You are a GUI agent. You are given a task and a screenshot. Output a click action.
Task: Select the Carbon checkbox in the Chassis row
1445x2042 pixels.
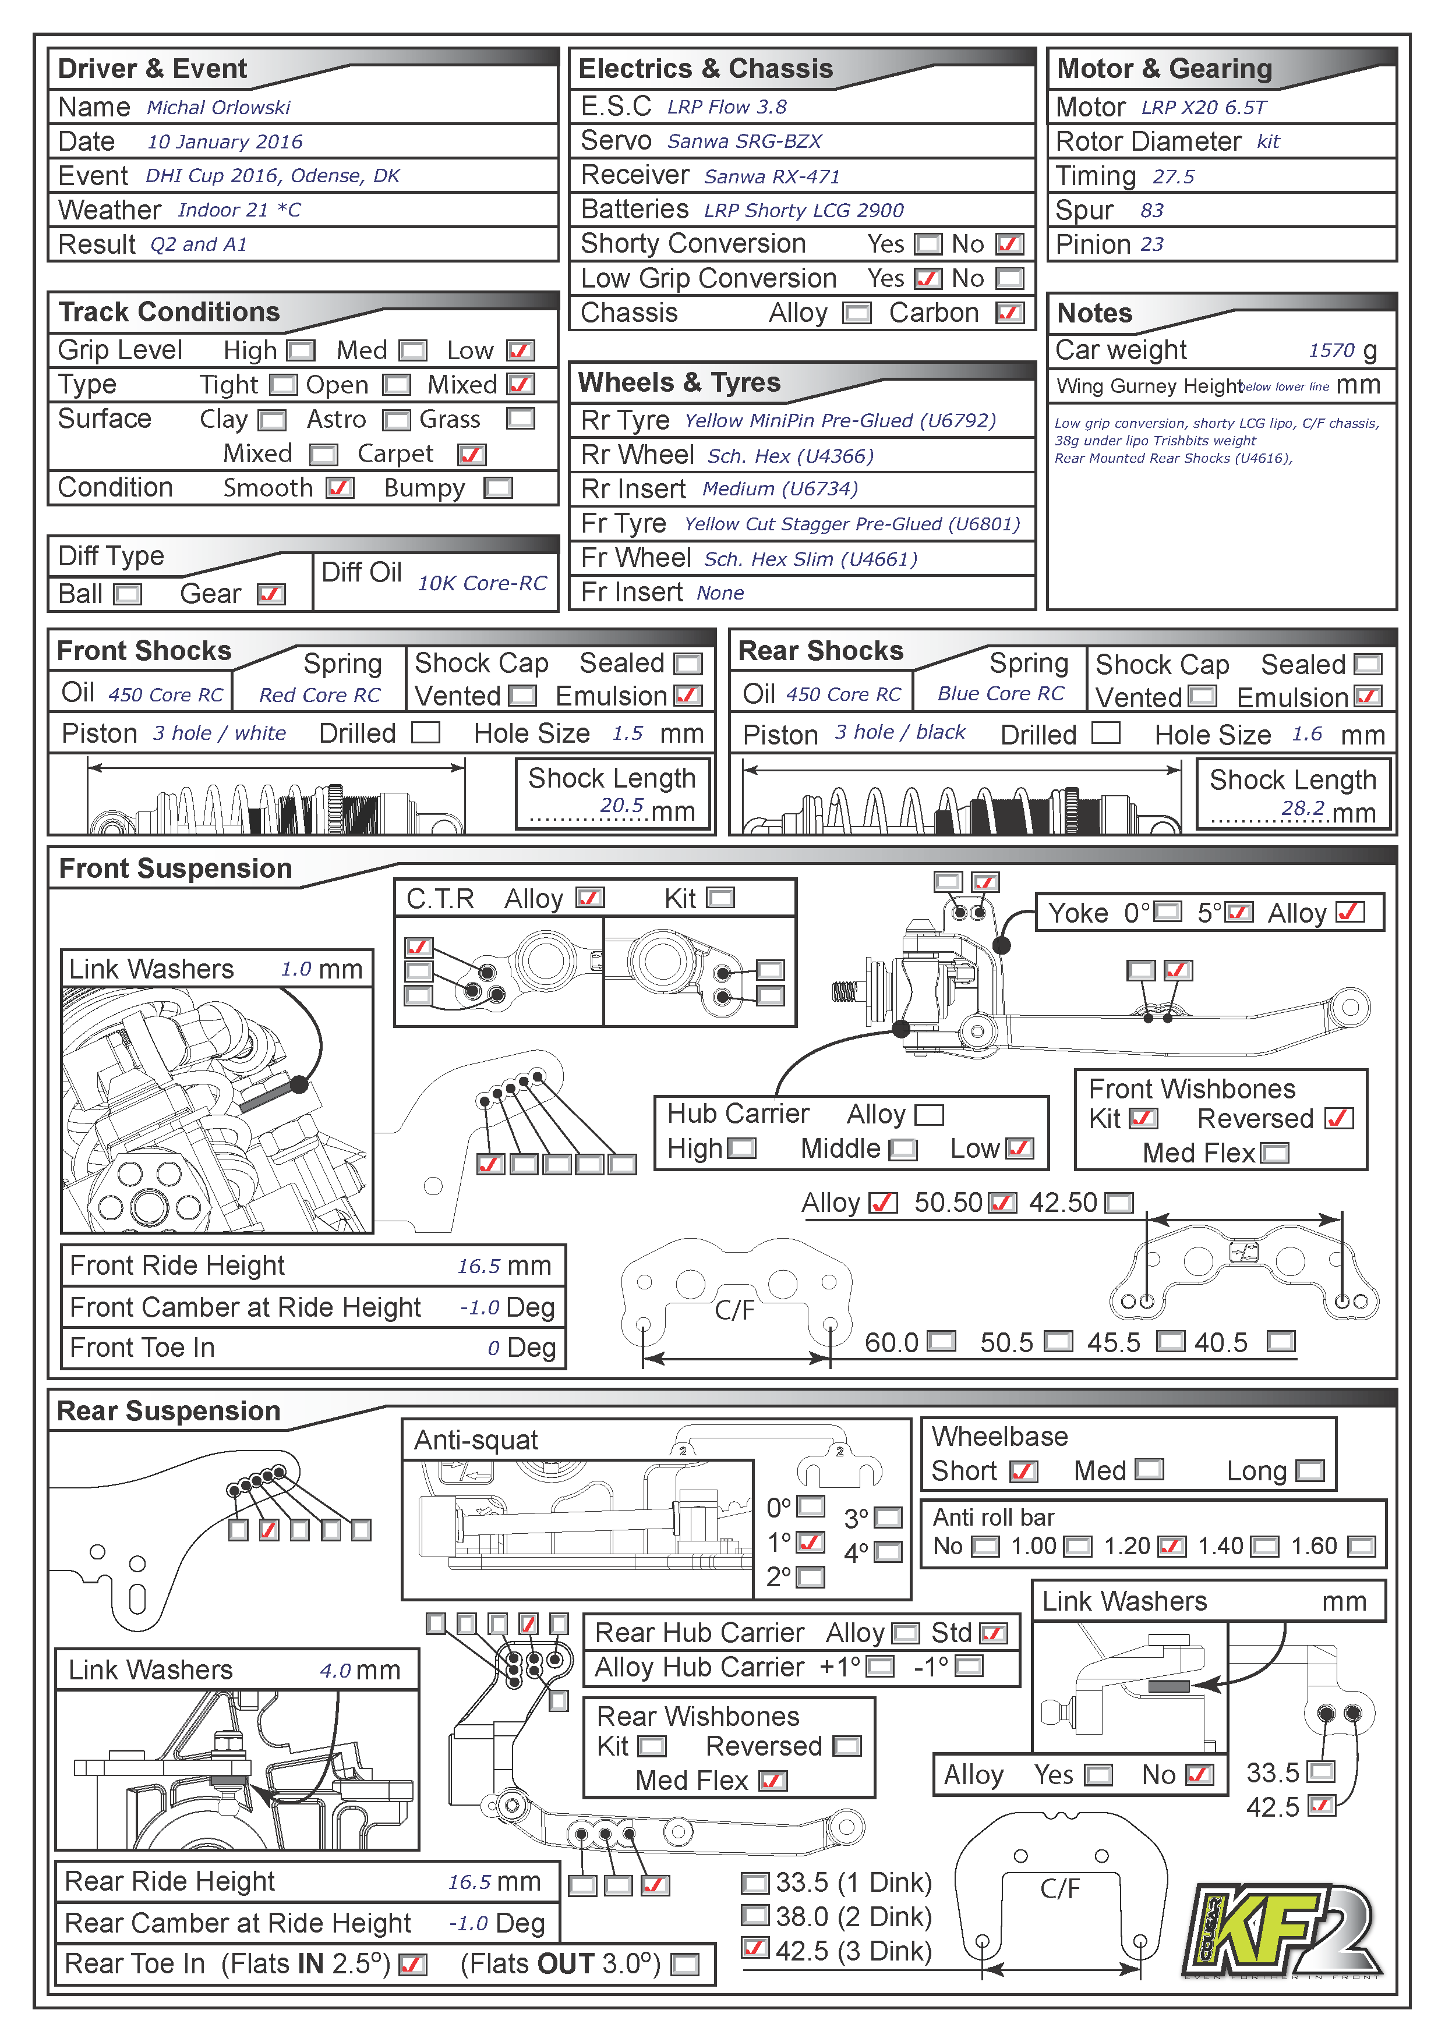(x=1009, y=313)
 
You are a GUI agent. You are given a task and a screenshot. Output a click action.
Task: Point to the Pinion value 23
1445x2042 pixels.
(x=1151, y=244)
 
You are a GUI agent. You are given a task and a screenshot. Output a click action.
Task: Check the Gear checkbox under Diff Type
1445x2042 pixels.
(x=270, y=594)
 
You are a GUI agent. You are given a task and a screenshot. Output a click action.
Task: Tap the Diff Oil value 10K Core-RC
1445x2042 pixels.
(x=482, y=583)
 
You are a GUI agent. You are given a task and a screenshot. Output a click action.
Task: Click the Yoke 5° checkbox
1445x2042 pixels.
(x=1239, y=913)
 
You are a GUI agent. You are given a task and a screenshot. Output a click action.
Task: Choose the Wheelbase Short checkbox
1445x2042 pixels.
(x=1023, y=1471)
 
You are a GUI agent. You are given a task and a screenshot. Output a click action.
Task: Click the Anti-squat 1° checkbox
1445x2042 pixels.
(x=811, y=1541)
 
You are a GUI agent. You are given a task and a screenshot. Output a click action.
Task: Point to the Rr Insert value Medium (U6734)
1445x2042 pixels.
(x=779, y=489)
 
